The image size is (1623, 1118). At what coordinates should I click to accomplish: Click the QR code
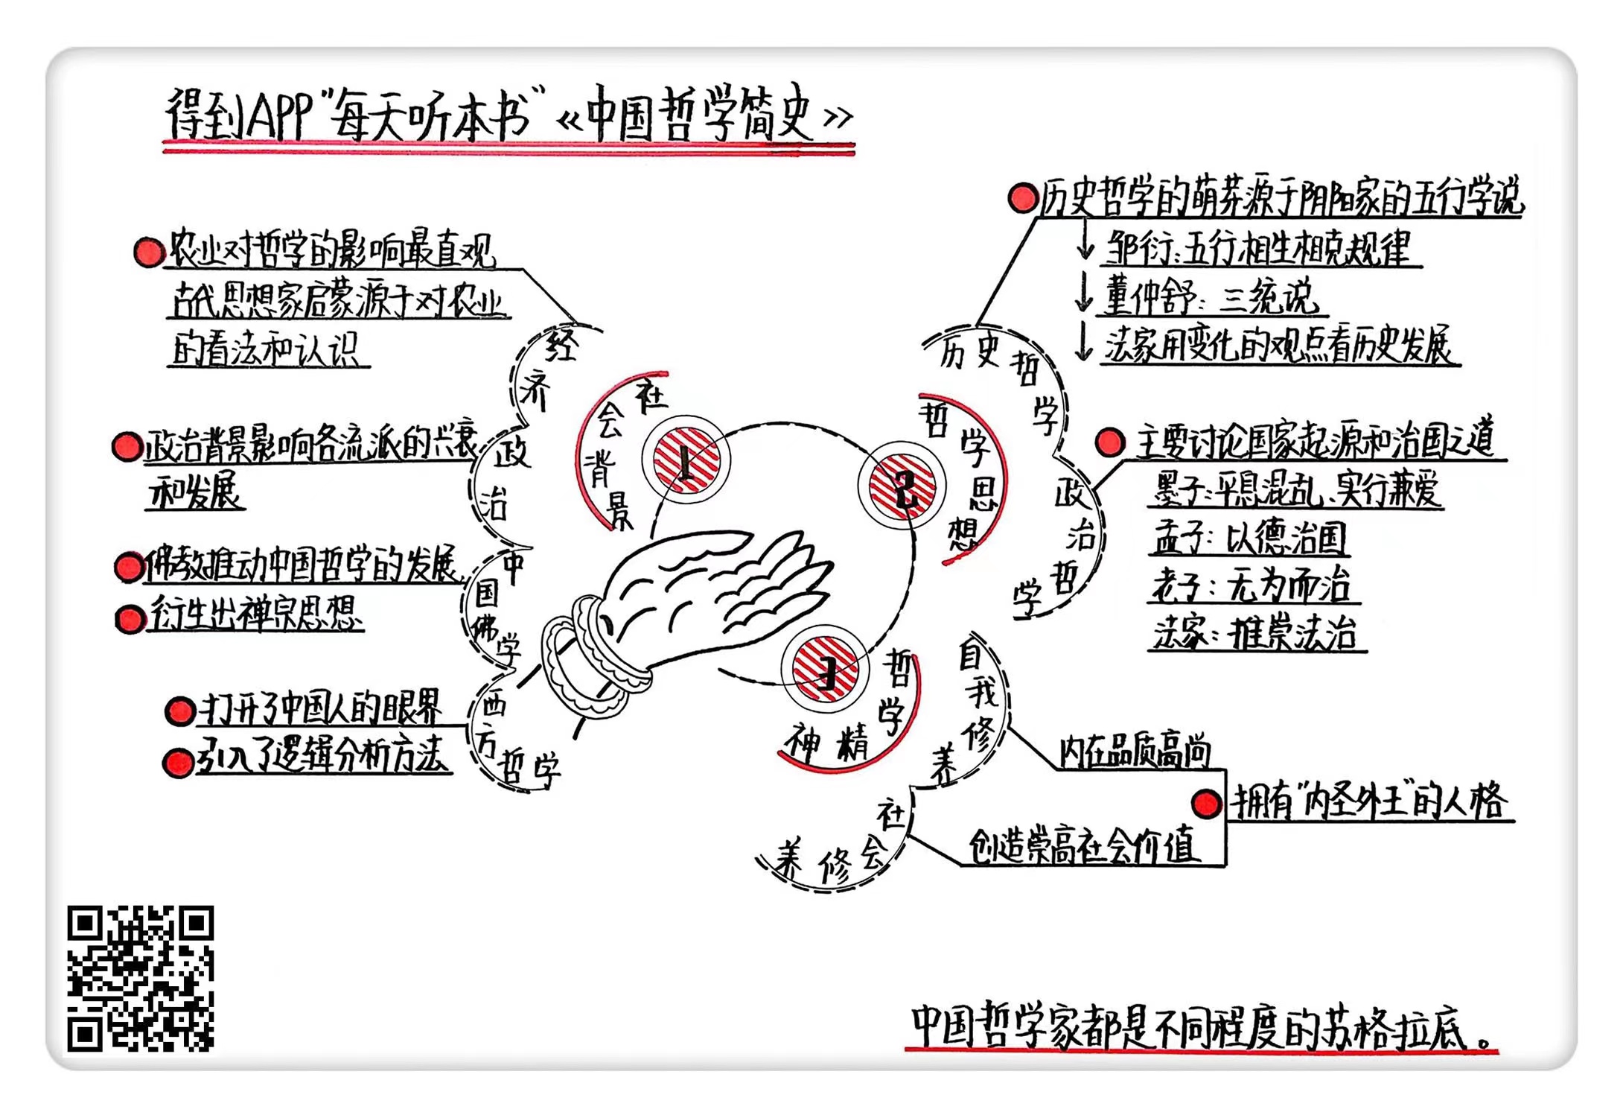(141, 978)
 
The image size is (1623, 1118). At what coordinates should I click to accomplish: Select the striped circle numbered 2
(902, 486)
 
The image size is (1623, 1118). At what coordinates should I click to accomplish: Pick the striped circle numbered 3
(825, 669)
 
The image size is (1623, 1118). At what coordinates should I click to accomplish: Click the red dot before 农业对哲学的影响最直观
(149, 252)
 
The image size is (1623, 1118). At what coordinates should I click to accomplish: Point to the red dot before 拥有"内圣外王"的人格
(1205, 803)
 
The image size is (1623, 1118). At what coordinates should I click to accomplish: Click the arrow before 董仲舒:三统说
(1084, 292)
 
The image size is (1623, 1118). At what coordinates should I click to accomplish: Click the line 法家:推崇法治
(1255, 634)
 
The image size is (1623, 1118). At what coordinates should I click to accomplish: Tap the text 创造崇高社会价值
(1083, 846)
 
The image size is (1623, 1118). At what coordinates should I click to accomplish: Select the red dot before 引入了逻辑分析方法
(178, 763)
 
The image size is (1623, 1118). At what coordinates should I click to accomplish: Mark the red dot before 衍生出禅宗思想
(130, 619)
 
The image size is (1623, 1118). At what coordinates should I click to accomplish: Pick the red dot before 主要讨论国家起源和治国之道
(1109, 442)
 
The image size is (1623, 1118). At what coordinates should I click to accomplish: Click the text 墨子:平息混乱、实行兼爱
(1296, 489)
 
